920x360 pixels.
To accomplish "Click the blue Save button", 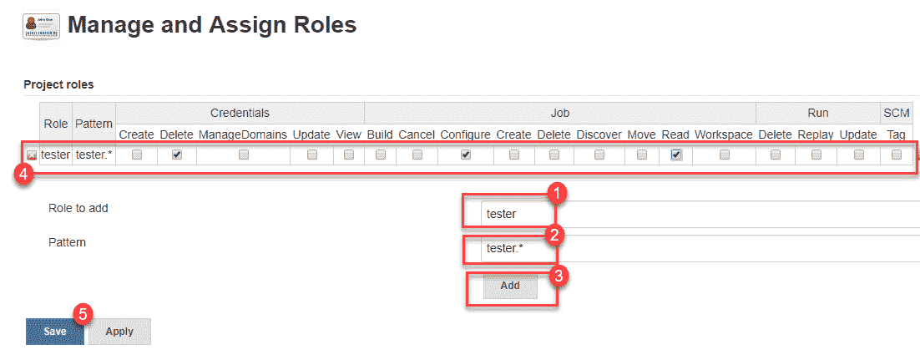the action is (x=54, y=332).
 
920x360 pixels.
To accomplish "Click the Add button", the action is (x=510, y=286).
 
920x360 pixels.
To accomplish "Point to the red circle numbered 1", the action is (x=557, y=193).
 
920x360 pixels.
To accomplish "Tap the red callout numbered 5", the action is (x=83, y=314).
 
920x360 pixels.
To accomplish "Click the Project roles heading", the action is (x=58, y=84).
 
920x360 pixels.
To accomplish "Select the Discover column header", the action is (x=599, y=134).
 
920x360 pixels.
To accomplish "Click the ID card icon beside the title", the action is (x=41, y=27).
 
